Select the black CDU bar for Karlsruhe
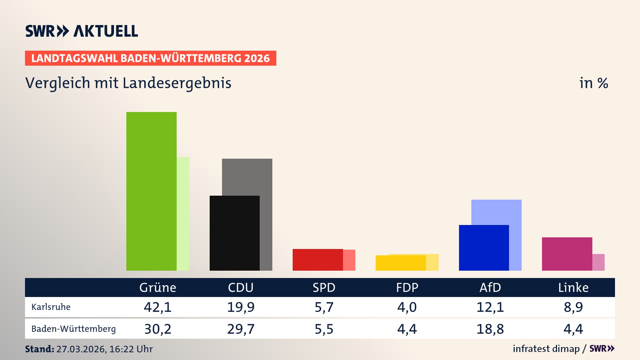point(234,233)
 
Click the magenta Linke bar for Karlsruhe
point(567,254)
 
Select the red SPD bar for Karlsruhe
point(317,260)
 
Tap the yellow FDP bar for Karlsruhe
point(400,263)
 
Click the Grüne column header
point(158,287)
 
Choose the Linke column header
point(573,287)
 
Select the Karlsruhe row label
point(51,307)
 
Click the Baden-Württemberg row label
point(73,329)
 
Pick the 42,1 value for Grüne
point(158,307)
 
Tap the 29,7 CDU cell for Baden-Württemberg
point(241,329)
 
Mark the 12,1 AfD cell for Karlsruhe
point(490,307)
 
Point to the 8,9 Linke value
point(573,307)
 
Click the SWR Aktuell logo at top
point(82,31)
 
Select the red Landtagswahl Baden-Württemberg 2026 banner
point(150,58)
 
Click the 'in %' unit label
point(594,83)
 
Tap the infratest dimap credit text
point(546,349)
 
